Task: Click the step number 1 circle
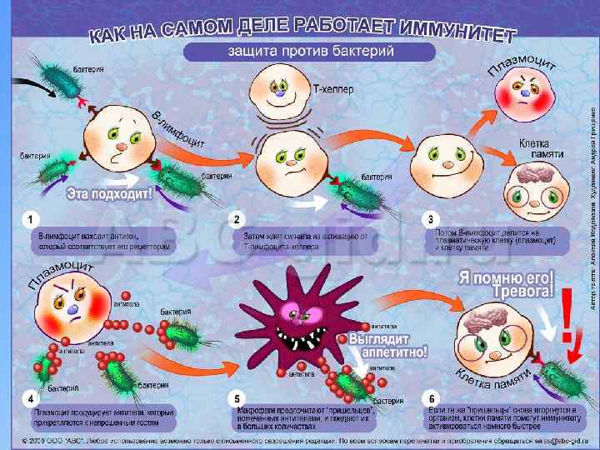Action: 31,219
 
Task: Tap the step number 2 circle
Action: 237,219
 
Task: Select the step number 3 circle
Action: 429,219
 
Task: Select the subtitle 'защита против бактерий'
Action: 311,52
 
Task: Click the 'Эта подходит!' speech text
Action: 111,193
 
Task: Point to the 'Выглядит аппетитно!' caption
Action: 387,345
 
